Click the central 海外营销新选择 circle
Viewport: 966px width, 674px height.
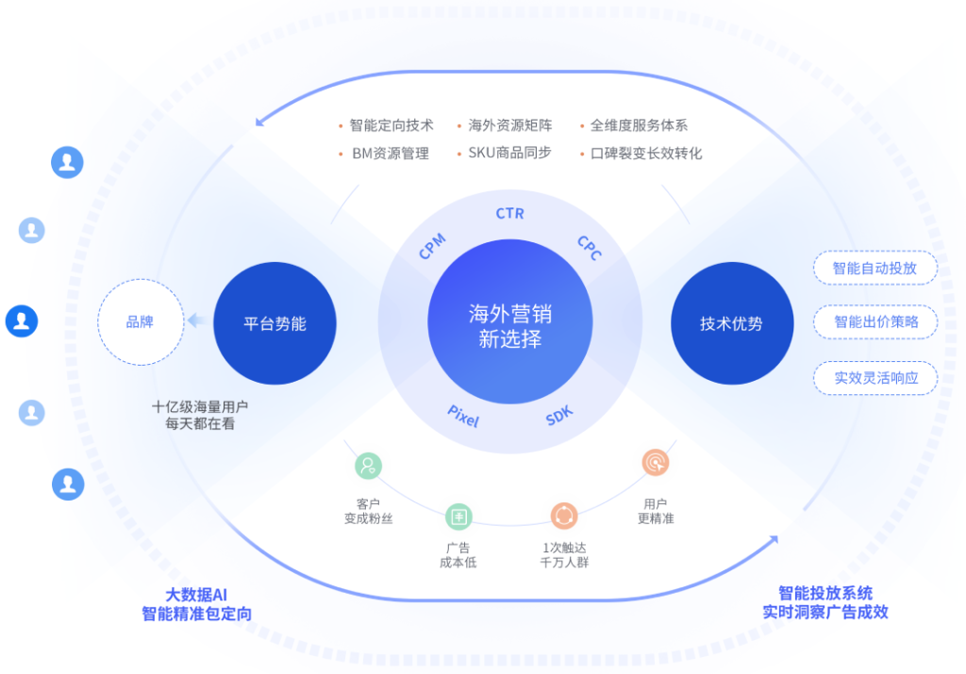point(510,322)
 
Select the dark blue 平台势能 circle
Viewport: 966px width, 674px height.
point(275,323)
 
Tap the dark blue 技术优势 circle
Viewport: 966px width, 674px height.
point(732,323)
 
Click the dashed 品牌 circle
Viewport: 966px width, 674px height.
point(141,322)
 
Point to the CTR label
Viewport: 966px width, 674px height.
point(510,214)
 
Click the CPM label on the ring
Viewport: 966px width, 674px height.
point(432,246)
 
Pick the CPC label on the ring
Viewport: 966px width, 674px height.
point(590,247)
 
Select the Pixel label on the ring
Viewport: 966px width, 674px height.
point(463,416)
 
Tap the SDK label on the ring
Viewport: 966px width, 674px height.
point(559,416)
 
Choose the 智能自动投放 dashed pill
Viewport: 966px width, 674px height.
point(875,268)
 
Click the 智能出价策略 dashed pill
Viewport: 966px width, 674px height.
point(875,322)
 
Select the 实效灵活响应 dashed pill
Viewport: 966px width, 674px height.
point(875,378)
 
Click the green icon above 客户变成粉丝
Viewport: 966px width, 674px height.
point(369,466)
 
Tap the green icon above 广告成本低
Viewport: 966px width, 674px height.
point(459,517)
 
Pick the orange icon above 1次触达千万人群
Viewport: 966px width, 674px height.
point(564,516)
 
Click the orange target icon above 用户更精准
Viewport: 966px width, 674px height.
point(656,462)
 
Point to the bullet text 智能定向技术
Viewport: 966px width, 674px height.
point(391,125)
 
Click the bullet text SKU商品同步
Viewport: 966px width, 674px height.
point(509,153)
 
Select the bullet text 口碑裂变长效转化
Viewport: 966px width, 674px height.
point(646,154)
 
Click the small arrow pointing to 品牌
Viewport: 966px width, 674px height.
point(197,321)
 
